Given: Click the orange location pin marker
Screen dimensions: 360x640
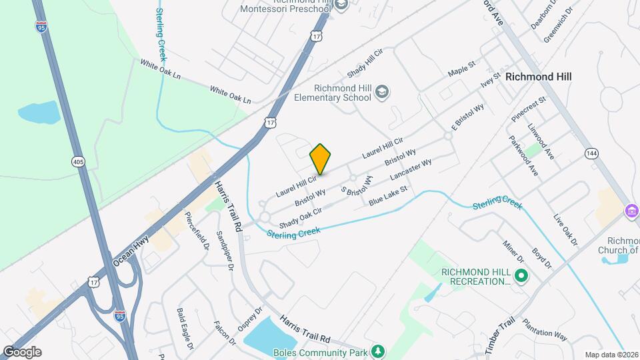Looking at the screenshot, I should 320,159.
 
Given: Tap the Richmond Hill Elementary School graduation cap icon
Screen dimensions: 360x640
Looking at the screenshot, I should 382,91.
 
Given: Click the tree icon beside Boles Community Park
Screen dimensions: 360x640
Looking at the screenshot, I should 378,351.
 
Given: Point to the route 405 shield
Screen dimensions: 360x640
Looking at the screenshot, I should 78,162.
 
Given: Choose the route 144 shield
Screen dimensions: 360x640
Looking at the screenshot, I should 591,154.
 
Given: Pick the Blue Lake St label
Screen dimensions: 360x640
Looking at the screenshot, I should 389,197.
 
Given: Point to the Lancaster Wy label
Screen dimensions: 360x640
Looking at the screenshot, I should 411,171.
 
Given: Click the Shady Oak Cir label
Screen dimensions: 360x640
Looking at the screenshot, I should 301,216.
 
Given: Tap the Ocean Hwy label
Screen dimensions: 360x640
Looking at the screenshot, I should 129,251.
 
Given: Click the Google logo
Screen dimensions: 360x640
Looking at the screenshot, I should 21,352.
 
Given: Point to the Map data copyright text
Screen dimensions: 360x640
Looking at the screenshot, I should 611,355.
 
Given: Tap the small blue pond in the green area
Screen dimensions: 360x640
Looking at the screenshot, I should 39,112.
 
